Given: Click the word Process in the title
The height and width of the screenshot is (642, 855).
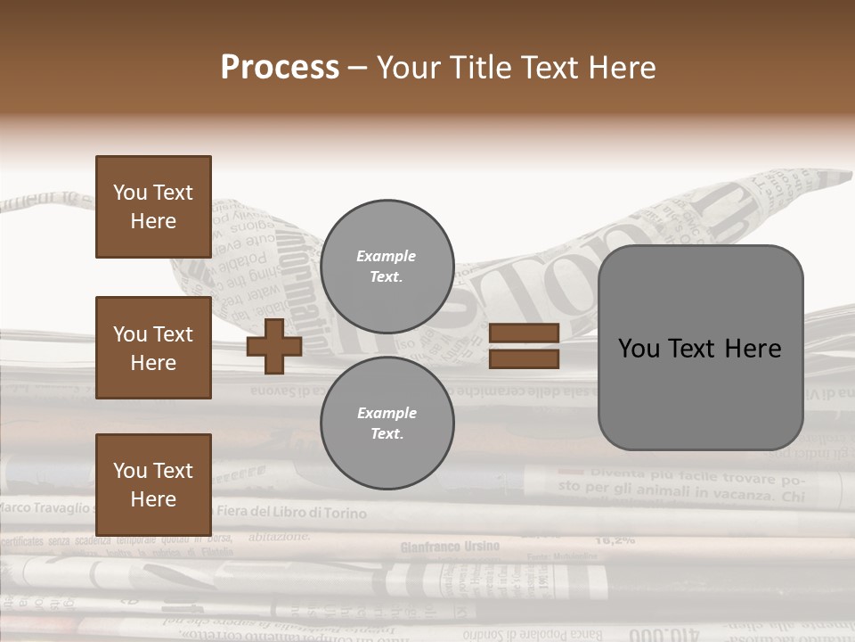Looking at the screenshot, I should [x=280, y=67].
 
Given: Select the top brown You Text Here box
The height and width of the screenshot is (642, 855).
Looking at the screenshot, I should [x=153, y=207].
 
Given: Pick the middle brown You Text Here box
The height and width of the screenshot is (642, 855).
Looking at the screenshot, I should [x=153, y=348].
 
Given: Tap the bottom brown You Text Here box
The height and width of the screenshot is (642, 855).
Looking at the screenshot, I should [x=153, y=485].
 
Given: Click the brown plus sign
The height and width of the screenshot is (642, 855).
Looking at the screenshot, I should [x=273, y=346].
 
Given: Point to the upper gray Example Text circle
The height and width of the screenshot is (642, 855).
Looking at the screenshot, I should [x=387, y=267].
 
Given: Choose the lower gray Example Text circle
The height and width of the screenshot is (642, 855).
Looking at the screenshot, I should [x=387, y=424].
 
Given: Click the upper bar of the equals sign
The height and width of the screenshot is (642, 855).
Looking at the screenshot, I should [x=524, y=333].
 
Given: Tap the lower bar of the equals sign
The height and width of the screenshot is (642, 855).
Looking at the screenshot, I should [x=524, y=359].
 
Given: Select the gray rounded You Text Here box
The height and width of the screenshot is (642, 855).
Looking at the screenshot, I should [x=700, y=348].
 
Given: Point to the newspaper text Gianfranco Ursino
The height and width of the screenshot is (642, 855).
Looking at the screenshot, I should [x=450, y=546].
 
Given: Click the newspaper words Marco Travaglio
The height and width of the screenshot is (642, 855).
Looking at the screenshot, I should [x=45, y=507].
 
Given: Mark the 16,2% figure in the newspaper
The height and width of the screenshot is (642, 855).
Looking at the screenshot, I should [x=615, y=539].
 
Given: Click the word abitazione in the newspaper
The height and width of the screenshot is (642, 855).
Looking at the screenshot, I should [x=280, y=537].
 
